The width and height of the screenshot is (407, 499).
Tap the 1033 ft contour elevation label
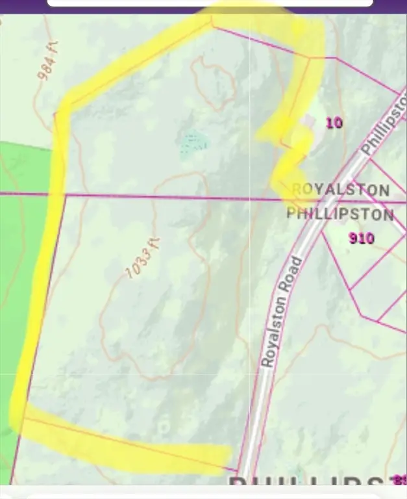tap(142, 258)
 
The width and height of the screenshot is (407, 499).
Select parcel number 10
tap(334, 123)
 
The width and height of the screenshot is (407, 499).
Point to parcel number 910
tap(361, 238)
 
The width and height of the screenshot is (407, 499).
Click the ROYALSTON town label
tap(341, 190)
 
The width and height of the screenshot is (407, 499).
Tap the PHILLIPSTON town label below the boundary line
tap(340, 214)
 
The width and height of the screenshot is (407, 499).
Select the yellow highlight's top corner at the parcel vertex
tap(212, 19)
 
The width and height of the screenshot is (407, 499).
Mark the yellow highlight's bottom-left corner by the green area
tap(19, 416)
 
